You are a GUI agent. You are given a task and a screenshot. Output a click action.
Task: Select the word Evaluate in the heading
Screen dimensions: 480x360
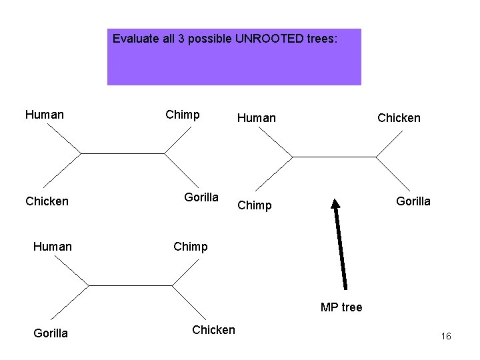[136, 39]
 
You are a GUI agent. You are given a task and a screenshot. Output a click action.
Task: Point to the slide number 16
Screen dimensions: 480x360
[446, 336]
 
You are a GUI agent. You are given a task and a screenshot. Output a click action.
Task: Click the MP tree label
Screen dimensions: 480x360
[341, 307]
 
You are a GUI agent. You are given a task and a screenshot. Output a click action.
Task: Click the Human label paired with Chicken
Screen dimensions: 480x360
[45, 115]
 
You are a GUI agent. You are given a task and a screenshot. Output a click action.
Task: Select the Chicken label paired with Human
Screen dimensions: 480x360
[47, 201]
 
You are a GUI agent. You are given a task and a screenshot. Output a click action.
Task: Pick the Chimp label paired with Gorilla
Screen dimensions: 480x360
[183, 115]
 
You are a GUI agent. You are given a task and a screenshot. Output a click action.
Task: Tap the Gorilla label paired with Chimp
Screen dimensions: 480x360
[201, 197]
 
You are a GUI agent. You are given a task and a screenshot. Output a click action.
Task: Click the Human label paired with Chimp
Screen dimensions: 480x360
[257, 118]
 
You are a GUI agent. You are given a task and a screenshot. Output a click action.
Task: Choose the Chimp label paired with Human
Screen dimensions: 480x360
[255, 205]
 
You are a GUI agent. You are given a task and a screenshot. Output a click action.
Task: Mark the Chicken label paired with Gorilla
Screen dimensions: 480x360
[399, 118]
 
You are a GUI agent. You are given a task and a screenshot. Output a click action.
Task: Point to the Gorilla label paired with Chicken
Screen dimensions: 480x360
[413, 201]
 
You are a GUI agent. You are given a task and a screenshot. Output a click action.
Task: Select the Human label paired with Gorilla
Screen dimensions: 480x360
[53, 247]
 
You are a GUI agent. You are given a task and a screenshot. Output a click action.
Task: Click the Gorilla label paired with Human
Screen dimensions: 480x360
[51, 333]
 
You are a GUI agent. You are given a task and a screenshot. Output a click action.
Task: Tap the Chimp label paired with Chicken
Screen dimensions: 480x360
[191, 247]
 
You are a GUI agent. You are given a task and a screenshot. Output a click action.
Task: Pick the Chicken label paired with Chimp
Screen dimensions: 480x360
[213, 329]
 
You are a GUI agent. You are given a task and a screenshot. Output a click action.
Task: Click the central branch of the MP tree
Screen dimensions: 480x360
[334, 157]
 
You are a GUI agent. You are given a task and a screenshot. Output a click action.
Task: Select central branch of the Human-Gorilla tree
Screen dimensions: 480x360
[130, 285]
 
